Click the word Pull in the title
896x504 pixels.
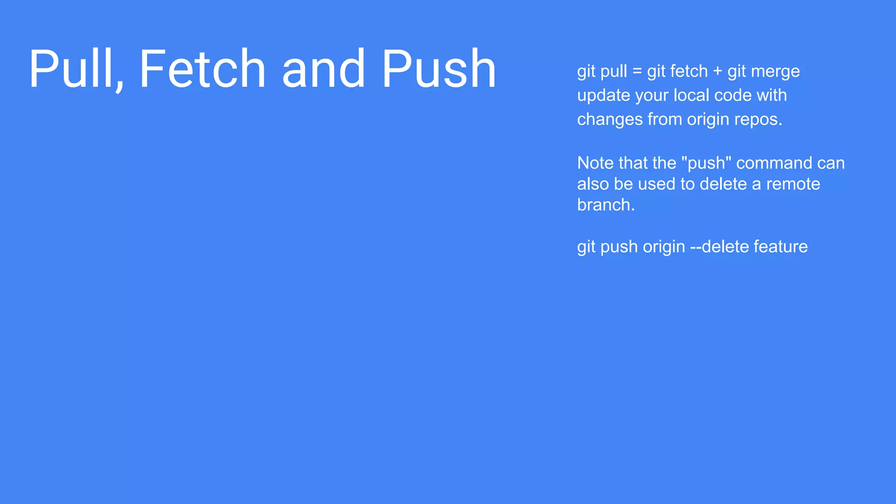point(76,69)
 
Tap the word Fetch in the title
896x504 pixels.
point(202,69)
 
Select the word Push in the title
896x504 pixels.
point(439,69)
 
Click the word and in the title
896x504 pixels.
point(323,69)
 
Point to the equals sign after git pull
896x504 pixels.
point(637,71)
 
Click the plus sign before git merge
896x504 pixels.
point(717,71)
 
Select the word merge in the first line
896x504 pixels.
point(775,71)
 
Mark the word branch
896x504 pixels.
point(605,205)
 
